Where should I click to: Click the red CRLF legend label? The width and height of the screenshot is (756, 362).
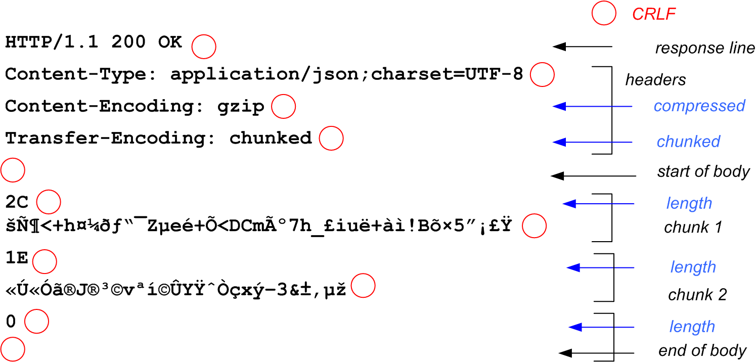click(654, 14)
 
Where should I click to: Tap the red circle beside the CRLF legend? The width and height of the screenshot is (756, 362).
click(603, 14)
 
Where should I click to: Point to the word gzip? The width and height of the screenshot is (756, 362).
click(241, 107)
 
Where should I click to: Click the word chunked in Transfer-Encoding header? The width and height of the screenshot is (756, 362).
click(271, 138)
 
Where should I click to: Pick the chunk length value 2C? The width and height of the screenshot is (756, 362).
click(17, 202)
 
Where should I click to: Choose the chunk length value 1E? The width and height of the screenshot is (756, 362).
click(17, 258)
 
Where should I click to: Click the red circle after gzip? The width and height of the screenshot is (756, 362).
click(283, 107)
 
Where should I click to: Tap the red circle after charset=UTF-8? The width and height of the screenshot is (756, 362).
click(542, 75)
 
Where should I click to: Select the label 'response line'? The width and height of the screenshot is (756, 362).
click(705, 49)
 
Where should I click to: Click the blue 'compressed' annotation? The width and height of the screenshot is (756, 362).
click(699, 106)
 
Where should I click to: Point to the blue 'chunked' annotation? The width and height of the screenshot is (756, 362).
click(688, 142)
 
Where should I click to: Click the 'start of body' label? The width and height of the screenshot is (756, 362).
click(703, 172)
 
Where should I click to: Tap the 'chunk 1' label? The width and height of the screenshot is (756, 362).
click(693, 228)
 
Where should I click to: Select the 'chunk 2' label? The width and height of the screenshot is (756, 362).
click(697, 295)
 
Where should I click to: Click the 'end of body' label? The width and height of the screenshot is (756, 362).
click(702, 351)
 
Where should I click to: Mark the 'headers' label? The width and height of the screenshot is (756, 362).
click(655, 80)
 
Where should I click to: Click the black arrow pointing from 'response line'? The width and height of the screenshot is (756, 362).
click(582, 47)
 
